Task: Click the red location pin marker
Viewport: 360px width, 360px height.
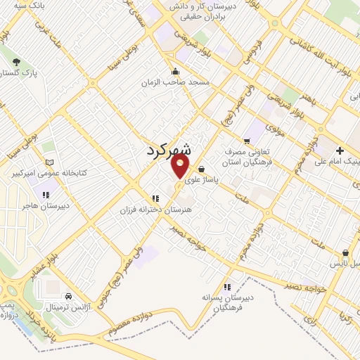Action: click(181, 165)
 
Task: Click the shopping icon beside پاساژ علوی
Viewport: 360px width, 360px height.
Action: click(202, 169)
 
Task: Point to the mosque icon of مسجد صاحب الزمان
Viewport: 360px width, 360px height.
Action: click(175, 72)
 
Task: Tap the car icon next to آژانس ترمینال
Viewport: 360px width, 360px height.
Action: click(67, 297)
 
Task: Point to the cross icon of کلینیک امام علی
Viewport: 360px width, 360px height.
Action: click(340, 150)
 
